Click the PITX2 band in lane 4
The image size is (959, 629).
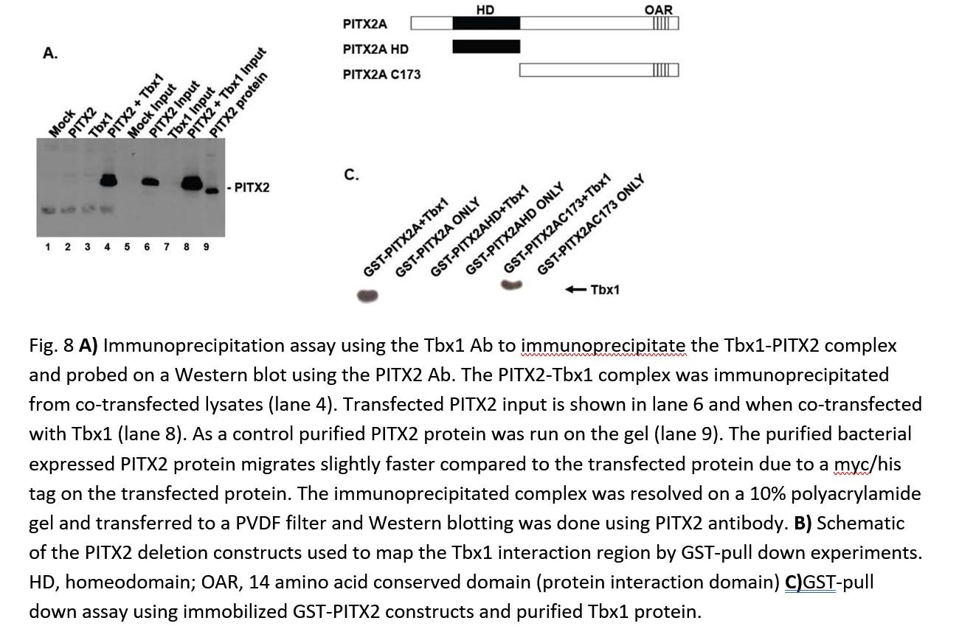tap(108, 180)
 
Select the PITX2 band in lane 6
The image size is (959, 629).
tap(150, 181)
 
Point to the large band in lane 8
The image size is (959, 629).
tap(192, 182)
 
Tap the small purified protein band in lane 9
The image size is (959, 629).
tap(212, 190)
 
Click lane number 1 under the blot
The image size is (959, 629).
tap(48, 247)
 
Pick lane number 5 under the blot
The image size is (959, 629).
tap(127, 247)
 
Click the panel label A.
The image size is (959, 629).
tap(50, 53)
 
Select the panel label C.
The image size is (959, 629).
tap(351, 175)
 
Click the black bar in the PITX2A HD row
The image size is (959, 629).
tap(485, 47)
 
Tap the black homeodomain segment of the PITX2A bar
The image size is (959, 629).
tap(485, 23)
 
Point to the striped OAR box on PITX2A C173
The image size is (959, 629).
tap(665, 71)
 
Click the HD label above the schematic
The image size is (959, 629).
tap(485, 9)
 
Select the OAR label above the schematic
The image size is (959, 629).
tap(658, 9)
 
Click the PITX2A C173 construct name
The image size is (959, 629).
tap(381, 74)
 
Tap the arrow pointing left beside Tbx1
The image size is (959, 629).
tap(575, 290)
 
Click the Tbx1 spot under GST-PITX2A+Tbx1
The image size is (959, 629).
tap(367, 296)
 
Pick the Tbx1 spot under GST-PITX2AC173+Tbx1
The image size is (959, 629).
tap(512, 285)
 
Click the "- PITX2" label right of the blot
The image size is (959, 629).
tap(249, 188)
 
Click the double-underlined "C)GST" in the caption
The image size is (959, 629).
tap(810, 583)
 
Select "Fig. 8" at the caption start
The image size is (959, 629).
tap(52, 346)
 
